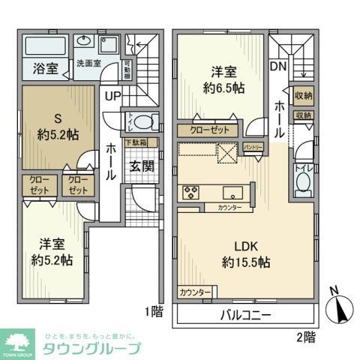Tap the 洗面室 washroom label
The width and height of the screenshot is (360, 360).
tap(87, 63)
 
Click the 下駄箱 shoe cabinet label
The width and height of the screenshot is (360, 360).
tap(136, 142)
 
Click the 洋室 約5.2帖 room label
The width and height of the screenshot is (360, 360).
tap(51, 252)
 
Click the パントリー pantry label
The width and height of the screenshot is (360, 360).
tap(253, 148)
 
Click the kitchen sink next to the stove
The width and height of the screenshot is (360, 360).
tap(231, 191)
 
